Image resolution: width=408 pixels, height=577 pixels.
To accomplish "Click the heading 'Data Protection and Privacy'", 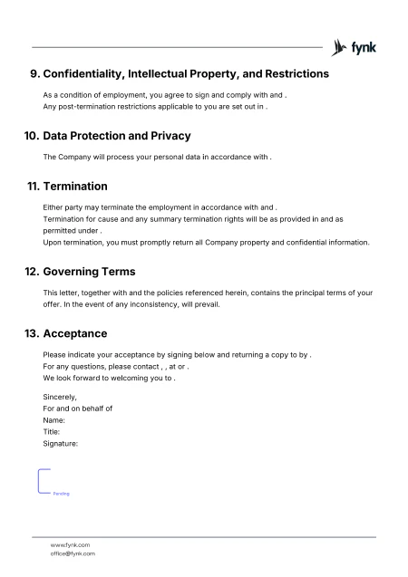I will pyautogui.click(x=117, y=136).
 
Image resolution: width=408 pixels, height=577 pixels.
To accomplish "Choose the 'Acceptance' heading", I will pyautogui.click(x=74, y=332).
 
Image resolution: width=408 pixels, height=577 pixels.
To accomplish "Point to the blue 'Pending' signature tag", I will pyautogui.click(x=61, y=494).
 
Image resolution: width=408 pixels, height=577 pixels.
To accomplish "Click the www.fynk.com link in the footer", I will pyautogui.click(x=70, y=544).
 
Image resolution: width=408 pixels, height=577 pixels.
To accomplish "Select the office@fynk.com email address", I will pyautogui.click(x=73, y=553).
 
